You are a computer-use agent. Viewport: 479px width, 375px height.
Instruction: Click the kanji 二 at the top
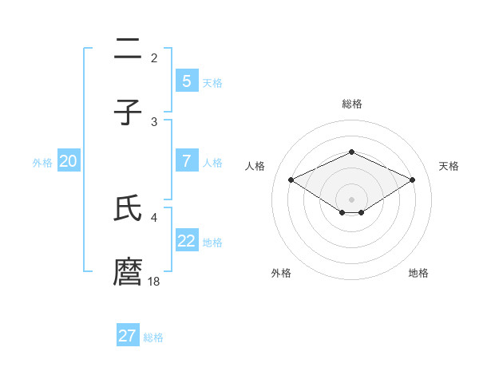point(128,49)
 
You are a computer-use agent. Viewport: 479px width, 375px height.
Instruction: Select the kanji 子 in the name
point(128,113)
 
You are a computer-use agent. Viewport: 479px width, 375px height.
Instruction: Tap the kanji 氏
point(128,209)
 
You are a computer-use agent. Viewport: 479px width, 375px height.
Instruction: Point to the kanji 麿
point(128,271)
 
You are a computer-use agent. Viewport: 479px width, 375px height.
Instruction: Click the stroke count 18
point(154,281)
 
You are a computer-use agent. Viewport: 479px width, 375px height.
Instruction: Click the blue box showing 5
point(186,81)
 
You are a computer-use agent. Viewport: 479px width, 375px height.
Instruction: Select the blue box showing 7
point(186,160)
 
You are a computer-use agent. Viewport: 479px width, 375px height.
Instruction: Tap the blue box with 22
point(186,241)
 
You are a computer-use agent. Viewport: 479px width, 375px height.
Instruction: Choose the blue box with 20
point(68,161)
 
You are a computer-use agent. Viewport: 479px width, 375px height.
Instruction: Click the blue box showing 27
point(127,336)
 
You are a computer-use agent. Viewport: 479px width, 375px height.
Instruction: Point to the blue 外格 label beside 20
point(42,163)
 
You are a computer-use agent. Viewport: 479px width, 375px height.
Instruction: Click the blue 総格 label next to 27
point(153,337)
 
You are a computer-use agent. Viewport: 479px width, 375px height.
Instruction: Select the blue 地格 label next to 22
point(212,243)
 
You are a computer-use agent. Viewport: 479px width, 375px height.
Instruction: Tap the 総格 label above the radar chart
point(351,104)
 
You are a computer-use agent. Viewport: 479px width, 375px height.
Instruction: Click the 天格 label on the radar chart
point(449,166)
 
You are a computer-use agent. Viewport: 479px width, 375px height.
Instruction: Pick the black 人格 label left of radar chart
point(255,166)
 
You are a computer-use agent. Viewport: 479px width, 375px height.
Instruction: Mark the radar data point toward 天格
point(412,180)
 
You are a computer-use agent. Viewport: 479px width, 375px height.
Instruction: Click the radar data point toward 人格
point(291,180)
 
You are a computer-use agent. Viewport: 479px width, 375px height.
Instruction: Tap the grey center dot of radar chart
point(351,199)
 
